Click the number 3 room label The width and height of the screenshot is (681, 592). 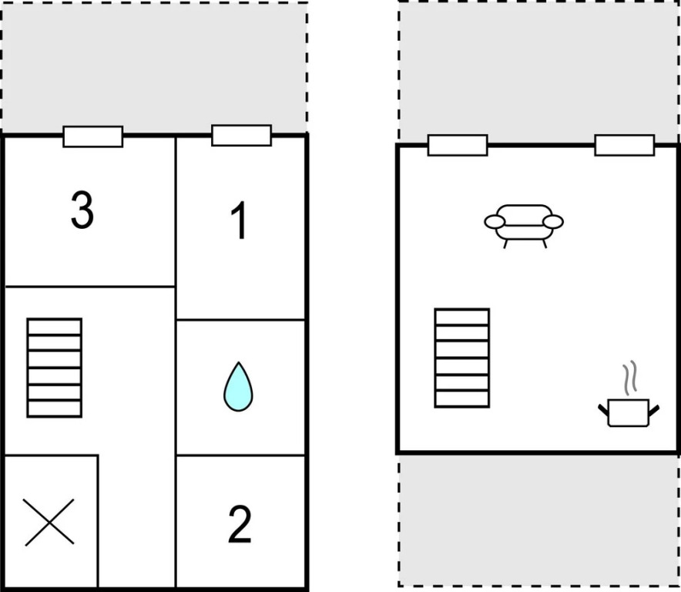tap(82, 210)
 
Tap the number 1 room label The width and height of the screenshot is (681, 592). tap(240, 220)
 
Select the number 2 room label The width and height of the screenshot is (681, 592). tap(240, 524)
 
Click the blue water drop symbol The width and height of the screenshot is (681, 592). tap(239, 386)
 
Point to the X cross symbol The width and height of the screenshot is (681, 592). tap(49, 522)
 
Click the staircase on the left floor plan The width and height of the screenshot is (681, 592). tap(54, 368)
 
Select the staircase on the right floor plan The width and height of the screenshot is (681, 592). tap(462, 358)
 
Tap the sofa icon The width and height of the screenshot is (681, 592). tap(524, 226)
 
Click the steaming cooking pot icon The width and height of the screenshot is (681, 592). tap(629, 394)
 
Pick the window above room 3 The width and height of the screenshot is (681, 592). tap(93, 136)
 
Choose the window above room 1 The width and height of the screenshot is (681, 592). tap(241, 135)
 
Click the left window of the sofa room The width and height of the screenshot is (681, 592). tap(458, 145)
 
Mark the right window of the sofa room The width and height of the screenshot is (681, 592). tap(625, 145)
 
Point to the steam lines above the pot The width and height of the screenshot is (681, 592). tap(630, 378)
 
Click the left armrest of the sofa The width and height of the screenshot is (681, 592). tap(495, 222)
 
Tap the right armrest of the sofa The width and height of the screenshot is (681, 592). tap(553, 222)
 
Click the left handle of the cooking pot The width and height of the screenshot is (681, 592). tap(603, 409)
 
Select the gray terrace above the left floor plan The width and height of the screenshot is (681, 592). tap(155, 67)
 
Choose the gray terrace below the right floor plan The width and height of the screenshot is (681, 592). tap(539, 520)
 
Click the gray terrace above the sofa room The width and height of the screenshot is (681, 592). tap(539, 72)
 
